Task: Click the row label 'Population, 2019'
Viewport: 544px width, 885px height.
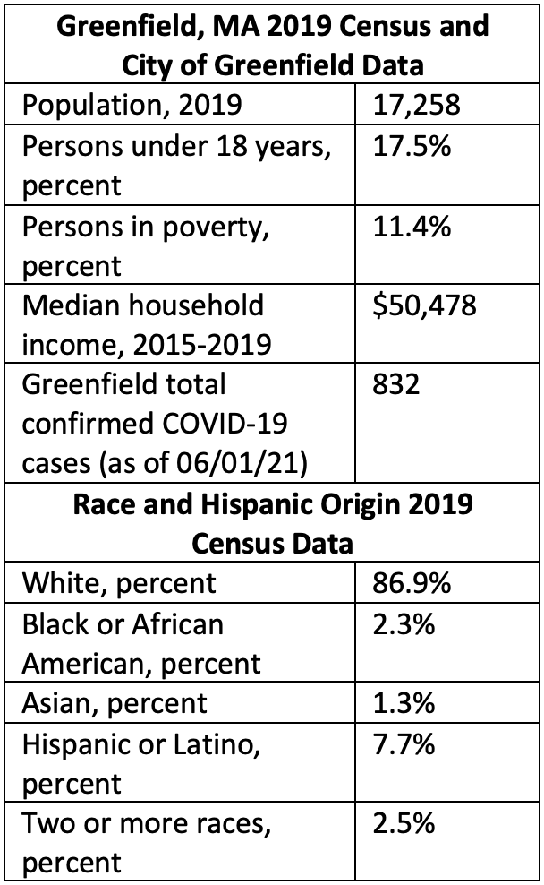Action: [132, 107]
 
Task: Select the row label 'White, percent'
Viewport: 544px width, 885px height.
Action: [119, 583]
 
